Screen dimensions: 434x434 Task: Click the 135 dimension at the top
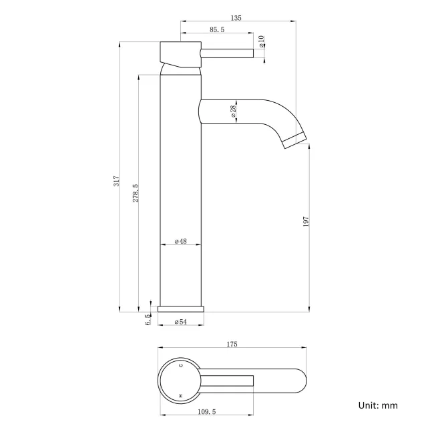(236, 18)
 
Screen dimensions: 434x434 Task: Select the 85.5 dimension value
(216, 29)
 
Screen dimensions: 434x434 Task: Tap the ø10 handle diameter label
(262, 41)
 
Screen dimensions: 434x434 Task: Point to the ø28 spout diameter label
(233, 112)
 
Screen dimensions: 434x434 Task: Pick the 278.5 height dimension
(136, 194)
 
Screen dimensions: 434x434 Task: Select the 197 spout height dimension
(306, 221)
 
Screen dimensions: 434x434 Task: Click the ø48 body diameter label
(180, 240)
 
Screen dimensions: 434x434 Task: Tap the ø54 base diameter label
(180, 322)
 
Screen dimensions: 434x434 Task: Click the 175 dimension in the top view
(232, 345)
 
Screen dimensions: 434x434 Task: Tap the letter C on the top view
(181, 366)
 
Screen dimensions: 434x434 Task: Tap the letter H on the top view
(181, 397)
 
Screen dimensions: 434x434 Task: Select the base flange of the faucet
(182, 309)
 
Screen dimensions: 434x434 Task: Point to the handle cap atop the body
(180, 52)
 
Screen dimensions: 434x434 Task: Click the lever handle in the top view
(227, 381)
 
